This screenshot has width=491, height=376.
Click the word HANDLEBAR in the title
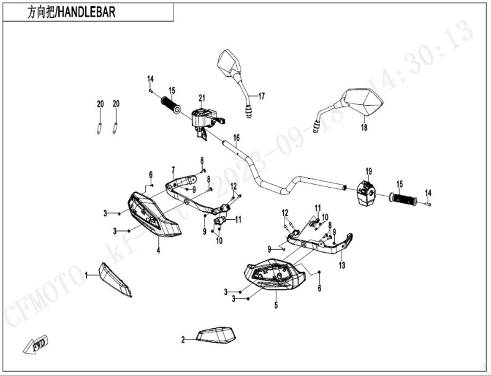pos(86,12)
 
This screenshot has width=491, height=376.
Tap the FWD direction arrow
pos(36,344)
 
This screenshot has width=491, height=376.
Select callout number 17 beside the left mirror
pos(261,96)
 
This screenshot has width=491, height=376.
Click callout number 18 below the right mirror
pos(364,128)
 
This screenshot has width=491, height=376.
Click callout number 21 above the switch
pos(201,98)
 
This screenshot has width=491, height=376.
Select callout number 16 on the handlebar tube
pos(236,138)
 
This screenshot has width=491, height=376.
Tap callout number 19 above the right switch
pos(368,171)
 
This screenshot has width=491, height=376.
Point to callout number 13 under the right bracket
pos(342,265)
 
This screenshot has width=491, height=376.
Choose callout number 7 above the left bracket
pos(173,169)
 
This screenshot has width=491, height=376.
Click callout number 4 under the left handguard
pos(158,250)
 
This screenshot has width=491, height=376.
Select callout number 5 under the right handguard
pos(275,305)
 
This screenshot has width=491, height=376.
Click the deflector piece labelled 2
pos(217,335)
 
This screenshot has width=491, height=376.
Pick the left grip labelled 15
pos(170,105)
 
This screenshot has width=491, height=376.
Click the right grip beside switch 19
pos(403,199)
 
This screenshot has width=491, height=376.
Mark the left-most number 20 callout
pos(100,104)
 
